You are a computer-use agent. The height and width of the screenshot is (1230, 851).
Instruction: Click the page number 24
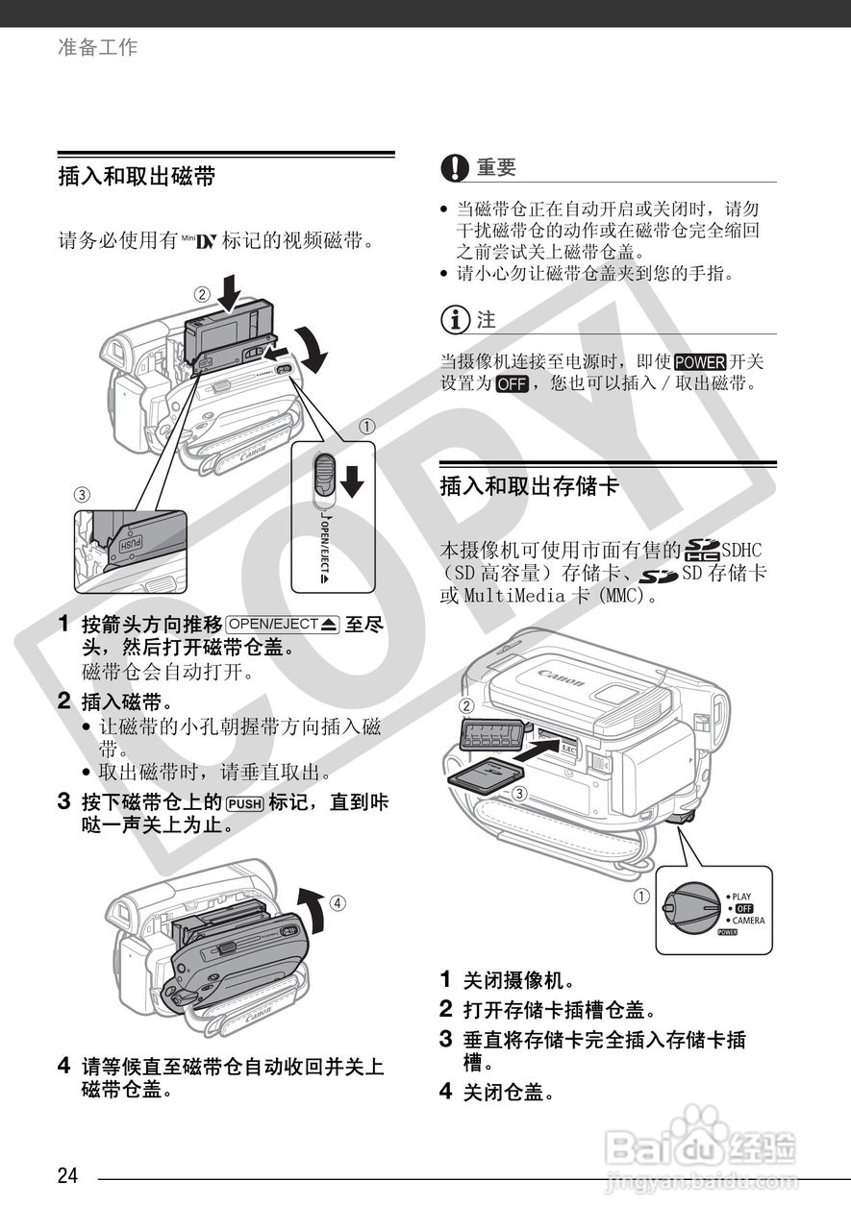[67, 1176]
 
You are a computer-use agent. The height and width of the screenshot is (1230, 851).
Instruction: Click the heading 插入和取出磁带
[137, 177]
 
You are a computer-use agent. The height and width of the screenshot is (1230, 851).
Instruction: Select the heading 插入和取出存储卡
[529, 486]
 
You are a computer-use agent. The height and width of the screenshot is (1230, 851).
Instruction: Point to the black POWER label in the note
[699, 362]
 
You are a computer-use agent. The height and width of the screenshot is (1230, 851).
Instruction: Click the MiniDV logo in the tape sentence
[198, 241]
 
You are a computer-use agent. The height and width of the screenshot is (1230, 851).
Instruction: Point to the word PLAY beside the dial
[741, 897]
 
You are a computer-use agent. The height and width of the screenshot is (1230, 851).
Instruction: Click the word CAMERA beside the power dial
[748, 921]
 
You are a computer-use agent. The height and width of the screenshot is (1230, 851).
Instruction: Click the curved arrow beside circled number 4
[311, 908]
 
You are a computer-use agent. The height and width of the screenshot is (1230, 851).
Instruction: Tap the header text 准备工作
[98, 46]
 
